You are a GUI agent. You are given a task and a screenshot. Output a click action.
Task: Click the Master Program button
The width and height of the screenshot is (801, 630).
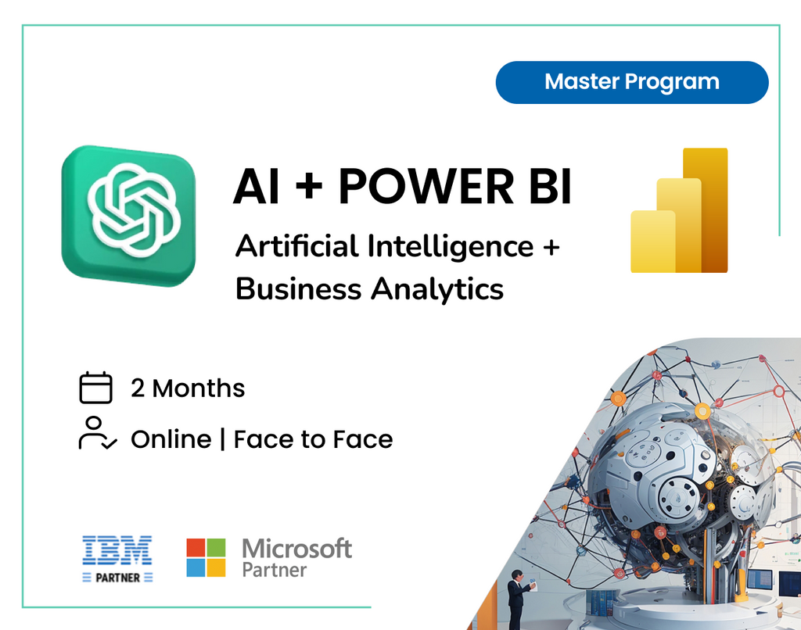click(x=632, y=82)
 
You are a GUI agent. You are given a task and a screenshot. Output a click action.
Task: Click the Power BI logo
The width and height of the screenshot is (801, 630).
click(x=679, y=211)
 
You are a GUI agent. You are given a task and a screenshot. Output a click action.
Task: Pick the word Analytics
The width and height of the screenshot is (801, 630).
click(x=437, y=290)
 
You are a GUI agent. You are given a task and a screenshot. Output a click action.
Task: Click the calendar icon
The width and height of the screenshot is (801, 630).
click(x=96, y=388)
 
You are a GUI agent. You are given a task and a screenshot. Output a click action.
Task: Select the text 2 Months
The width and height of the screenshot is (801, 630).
click(x=188, y=388)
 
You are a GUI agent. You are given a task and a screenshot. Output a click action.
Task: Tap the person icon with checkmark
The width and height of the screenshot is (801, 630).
click(x=97, y=434)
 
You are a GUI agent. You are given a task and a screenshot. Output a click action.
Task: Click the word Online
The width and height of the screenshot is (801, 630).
click(x=171, y=439)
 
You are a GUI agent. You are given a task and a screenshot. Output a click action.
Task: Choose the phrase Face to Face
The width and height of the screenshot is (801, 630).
click(x=313, y=439)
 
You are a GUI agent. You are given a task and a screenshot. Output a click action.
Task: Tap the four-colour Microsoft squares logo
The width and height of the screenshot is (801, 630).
click(x=206, y=557)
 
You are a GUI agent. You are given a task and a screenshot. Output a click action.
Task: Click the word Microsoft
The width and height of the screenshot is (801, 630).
click(x=297, y=548)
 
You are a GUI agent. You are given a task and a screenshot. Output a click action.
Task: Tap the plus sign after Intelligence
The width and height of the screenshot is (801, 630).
click(x=551, y=247)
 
